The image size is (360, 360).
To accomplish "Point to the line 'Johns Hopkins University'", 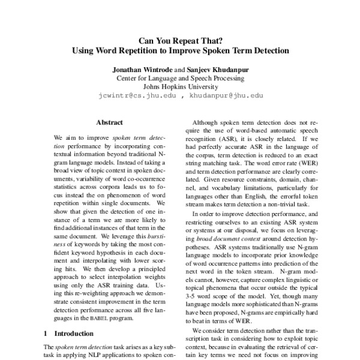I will click(180, 86).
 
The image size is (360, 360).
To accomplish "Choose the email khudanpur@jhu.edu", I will click(226, 95).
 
